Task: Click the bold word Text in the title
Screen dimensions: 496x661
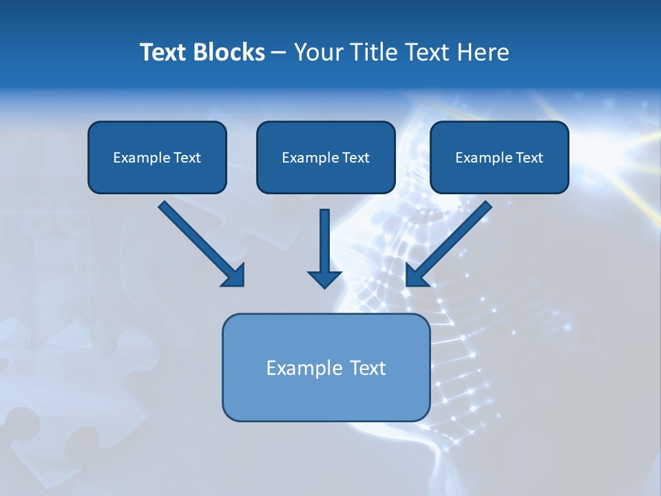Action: [x=166, y=52]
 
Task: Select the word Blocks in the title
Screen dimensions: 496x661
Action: [x=231, y=52]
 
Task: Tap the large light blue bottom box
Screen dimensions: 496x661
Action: [x=326, y=400]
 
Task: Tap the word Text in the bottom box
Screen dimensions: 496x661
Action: [x=368, y=368]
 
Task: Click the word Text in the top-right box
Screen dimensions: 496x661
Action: [x=529, y=158]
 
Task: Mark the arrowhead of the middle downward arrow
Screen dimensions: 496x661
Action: [x=324, y=278]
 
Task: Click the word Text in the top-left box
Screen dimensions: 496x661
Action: [x=187, y=158]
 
